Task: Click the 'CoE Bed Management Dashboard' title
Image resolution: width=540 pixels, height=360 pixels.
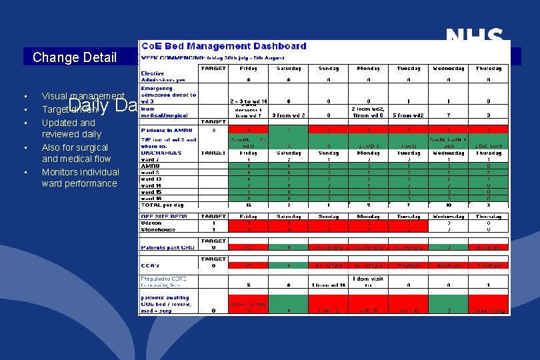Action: click(x=223, y=46)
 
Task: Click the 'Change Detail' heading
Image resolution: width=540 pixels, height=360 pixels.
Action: click(x=75, y=57)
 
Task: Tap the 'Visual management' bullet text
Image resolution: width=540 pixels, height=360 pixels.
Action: click(x=83, y=97)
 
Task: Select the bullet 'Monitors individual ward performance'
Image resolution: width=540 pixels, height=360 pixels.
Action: click(x=80, y=177)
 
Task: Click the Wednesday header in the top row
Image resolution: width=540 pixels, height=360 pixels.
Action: click(x=447, y=68)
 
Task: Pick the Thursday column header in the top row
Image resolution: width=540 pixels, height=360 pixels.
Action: click(x=489, y=68)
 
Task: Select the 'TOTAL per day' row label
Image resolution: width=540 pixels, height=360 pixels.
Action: click(x=162, y=204)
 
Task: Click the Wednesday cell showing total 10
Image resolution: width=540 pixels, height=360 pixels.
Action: click(x=447, y=204)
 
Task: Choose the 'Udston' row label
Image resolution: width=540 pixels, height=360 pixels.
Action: click(x=151, y=223)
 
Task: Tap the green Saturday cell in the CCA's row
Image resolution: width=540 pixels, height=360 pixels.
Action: click(x=289, y=265)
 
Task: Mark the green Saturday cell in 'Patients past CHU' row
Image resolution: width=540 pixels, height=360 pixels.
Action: click(x=289, y=247)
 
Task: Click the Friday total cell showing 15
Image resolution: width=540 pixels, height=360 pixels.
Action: click(x=249, y=204)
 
